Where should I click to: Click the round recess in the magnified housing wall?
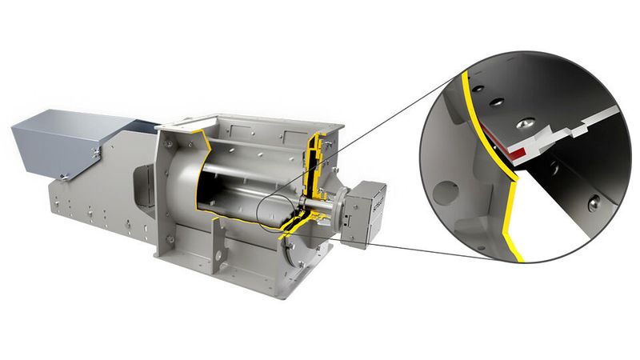[x=442, y=191]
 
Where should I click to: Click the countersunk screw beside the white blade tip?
[x=525, y=122]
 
